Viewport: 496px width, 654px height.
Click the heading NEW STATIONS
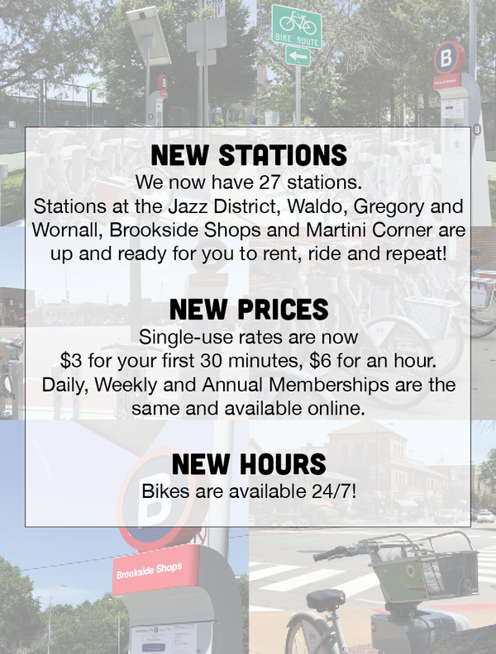249,155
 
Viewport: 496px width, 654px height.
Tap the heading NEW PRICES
249,309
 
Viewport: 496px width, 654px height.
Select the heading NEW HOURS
249,464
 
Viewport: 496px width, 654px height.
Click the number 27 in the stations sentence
270,182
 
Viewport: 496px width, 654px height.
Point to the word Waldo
317,206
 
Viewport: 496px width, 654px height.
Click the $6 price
320,360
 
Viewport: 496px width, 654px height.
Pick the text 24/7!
334,491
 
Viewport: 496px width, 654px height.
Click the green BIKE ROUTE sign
297,26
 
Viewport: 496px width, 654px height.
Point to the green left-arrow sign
298,56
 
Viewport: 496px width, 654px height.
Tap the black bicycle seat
326,599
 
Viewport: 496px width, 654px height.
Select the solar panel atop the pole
149,35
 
